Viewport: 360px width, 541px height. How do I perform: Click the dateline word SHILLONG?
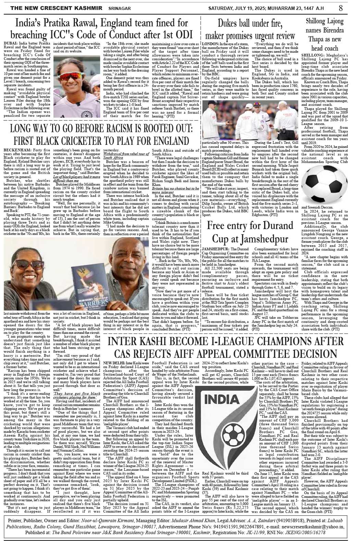pos(310,55)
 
